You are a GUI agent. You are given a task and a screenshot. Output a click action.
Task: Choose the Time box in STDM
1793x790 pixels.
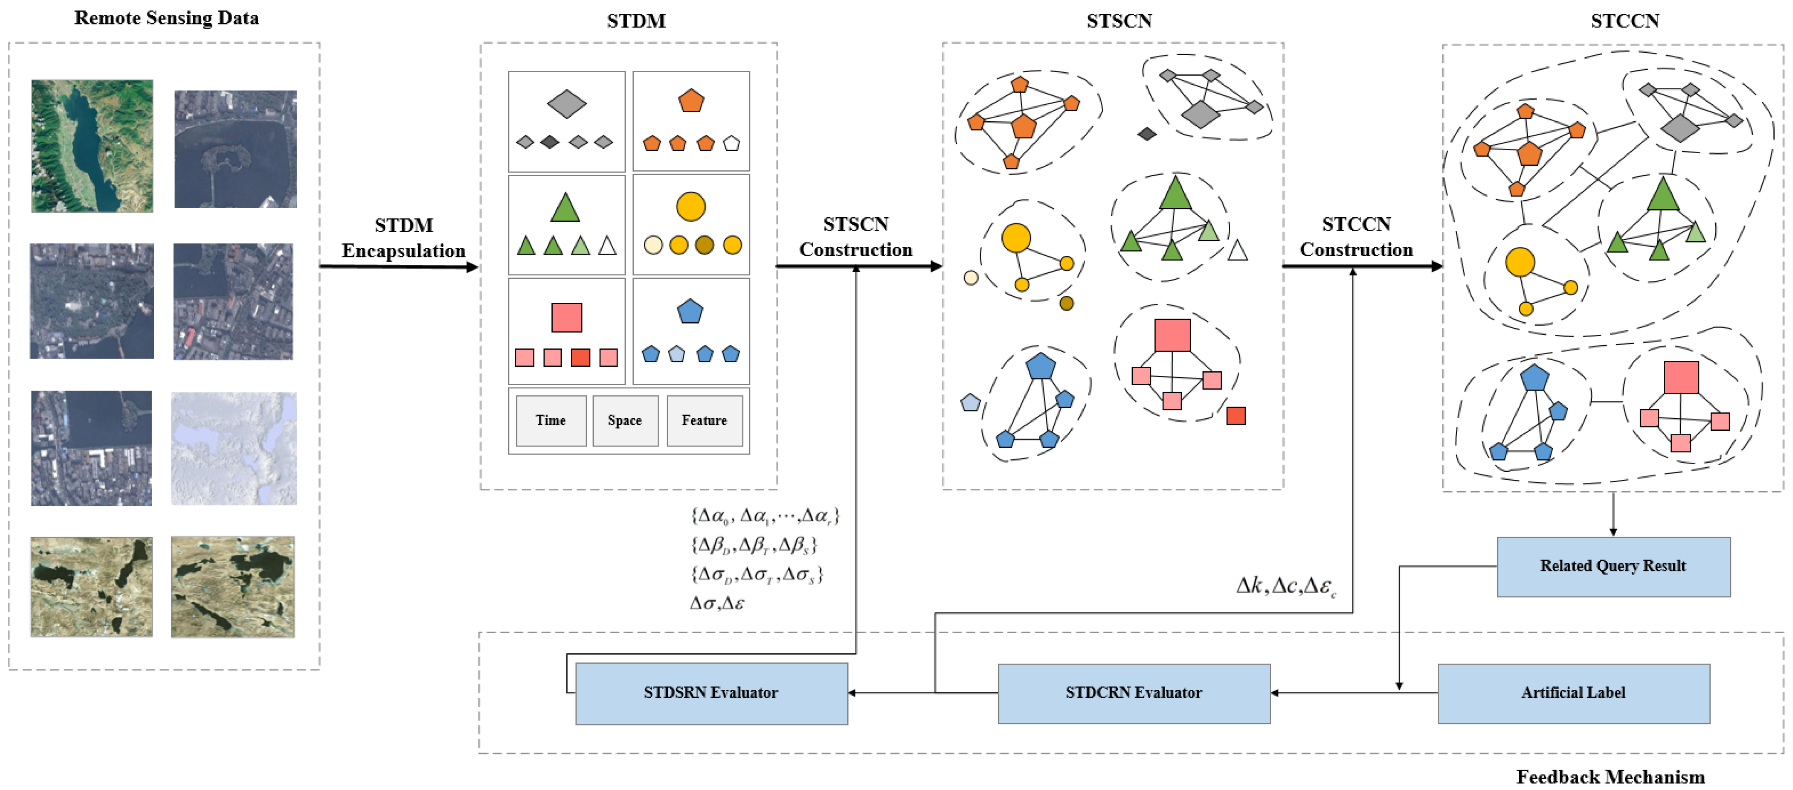coord(551,420)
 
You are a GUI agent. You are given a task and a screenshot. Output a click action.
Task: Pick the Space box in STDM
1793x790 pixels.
coord(625,420)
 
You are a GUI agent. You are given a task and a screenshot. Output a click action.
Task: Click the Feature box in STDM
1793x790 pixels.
coord(704,420)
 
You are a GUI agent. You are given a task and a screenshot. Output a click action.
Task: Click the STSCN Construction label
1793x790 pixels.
coord(856,237)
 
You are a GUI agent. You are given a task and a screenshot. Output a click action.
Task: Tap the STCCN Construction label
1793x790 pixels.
coord(1356,237)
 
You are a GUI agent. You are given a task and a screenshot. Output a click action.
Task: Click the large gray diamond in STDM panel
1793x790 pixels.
coord(567,104)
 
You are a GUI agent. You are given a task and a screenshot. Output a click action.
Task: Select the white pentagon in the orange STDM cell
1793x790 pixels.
coord(731,143)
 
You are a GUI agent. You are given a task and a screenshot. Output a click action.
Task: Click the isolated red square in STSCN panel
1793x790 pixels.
coord(1235,416)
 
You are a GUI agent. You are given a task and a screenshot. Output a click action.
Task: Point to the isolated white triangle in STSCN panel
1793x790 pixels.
coord(1237,250)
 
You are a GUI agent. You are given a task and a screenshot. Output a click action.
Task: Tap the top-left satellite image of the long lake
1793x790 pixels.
coord(92,146)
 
